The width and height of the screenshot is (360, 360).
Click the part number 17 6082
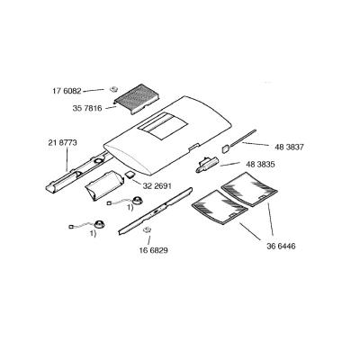(x=67, y=91)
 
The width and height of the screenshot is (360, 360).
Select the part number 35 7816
(x=87, y=108)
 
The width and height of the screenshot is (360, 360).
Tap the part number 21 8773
(x=62, y=143)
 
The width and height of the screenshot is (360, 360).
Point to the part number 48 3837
(x=289, y=147)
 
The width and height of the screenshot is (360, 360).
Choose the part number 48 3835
(x=260, y=165)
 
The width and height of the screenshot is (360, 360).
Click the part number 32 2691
(x=157, y=186)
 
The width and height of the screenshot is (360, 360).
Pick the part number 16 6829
(x=153, y=250)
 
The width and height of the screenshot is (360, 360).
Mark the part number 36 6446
(x=281, y=247)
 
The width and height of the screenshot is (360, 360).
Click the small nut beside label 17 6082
(x=113, y=89)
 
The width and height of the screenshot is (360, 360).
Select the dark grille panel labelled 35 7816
(x=137, y=98)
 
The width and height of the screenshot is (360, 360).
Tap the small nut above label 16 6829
(x=147, y=230)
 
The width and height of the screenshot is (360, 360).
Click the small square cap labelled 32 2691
(x=130, y=175)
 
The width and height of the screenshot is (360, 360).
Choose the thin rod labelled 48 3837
(x=240, y=139)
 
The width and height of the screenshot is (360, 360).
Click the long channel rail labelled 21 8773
(x=76, y=171)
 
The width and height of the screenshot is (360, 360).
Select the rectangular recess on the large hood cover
(x=163, y=126)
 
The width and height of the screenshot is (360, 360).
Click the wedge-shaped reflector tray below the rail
(x=104, y=184)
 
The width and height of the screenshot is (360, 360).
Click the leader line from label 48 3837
(x=256, y=144)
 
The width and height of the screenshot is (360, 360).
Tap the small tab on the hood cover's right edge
(x=193, y=147)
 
